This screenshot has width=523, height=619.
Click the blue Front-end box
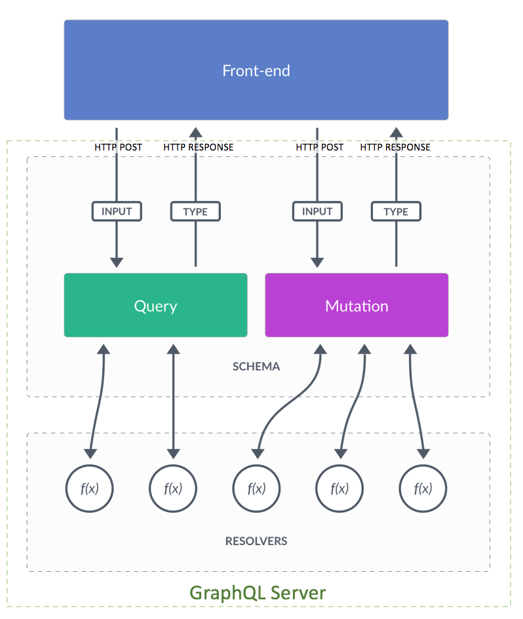point(256,70)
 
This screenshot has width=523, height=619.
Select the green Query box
point(155,306)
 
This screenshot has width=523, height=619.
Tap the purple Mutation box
point(357,306)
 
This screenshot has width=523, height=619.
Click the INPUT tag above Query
point(117,211)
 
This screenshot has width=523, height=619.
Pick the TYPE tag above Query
point(195,211)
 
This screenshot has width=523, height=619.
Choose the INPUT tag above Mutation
point(317,211)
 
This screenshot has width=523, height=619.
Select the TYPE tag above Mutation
point(396,211)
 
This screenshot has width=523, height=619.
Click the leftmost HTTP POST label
point(118,147)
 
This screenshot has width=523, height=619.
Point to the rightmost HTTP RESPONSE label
point(395,147)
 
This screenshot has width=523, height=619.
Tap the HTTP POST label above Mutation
point(319,147)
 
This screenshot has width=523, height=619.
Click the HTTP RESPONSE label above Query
point(198,147)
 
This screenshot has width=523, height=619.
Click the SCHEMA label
point(256,366)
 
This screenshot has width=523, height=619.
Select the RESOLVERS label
point(256,541)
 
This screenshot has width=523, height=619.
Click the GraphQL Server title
point(258,593)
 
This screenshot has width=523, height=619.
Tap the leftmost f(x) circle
point(90,488)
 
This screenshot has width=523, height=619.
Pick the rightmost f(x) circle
point(423,488)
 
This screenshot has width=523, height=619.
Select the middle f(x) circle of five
point(256,488)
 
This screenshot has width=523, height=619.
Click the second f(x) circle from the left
point(173,488)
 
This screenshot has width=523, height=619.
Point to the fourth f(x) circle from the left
point(339,488)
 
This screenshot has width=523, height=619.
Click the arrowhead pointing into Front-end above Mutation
point(396,132)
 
